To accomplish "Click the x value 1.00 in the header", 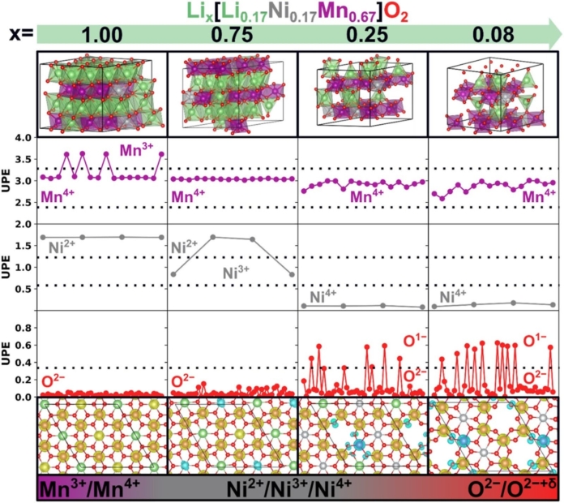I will tap(102, 36).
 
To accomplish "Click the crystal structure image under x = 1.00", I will tap(102, 92).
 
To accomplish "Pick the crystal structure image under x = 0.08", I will tap(493, 92).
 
